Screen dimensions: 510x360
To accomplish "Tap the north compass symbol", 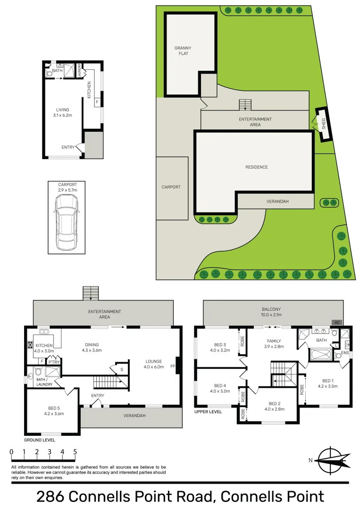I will pyautogui.click(x=333, y=459).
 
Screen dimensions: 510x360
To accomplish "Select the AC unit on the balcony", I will pyautogui.click(x=336, y=323).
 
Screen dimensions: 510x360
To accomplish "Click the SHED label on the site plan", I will pyautogui.click(x=324, y=124).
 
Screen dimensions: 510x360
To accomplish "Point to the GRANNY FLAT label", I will pyautogui.click(x=183, y=51).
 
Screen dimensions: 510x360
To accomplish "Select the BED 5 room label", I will pyautogui.click(x=53, y=410).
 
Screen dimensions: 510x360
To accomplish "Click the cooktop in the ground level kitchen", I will pyautogui.click(x=30, y=345).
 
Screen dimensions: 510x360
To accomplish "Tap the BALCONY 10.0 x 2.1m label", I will pyautogui.click(x=271, y=312).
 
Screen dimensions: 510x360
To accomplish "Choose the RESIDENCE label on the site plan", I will pyautogui.click(x=256, y=167).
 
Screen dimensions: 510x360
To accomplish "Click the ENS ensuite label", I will pyautogui.click(x=344, y=353).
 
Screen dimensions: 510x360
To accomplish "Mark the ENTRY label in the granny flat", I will pyautogui.click(x=68, y=147).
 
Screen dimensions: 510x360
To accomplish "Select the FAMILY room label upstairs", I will pyautogui.click(x=274, y=344).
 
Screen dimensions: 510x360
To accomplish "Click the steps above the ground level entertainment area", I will pyautogui.click(x=90, y=293).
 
